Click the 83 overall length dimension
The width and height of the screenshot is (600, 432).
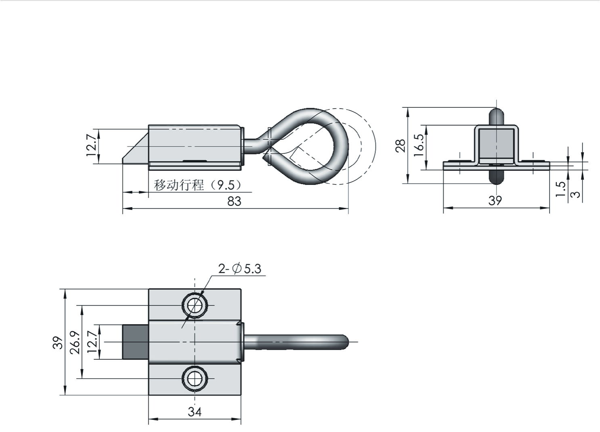(x=234, y=201)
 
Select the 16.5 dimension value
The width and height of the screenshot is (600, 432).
(x=419, y=145)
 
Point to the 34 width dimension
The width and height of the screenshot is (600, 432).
(x=195, y=412)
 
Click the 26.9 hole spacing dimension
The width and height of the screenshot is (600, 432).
(x=75, y=343)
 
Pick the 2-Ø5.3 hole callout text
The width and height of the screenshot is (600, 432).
(x=240, y=268)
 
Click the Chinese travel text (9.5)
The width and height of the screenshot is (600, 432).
(x=198, y=185)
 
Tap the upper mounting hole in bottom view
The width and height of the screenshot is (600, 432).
(x=195, y=305)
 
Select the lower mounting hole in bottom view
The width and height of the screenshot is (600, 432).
(x=195, y=379)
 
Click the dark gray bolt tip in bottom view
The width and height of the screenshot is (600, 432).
(x=136, y=342)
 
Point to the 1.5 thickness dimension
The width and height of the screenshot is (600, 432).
(x=560, y=189)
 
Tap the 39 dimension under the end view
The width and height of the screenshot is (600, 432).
(x=495, y=201)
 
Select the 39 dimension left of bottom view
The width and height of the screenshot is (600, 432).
(x=58, y=342)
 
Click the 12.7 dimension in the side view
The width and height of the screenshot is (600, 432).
(x=91, y=146)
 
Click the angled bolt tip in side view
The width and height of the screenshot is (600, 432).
(x=136, y=150)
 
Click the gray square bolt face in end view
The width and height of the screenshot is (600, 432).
(x=496, y=143)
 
